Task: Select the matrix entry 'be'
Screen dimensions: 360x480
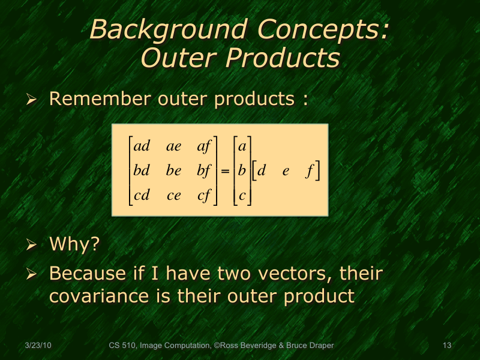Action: point(173,171)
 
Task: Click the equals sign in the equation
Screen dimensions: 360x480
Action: point(225,172)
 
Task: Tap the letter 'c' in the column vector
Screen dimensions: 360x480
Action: point(242,196)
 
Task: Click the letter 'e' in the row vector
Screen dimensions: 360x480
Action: point(286,171)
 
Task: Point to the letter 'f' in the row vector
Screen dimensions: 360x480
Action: point(310,171)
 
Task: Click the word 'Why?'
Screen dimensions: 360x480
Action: point(74,244)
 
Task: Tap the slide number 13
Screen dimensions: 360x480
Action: point(446,346)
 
